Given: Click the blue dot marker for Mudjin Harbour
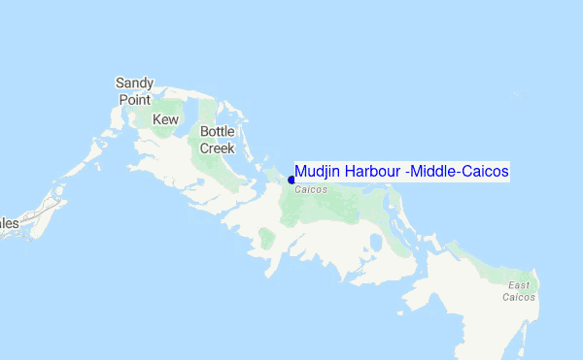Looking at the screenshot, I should click(x=291, y=180).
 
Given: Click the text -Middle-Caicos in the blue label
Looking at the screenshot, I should click(x=458, y=172).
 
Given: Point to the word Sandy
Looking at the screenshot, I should click(x=135, y=83).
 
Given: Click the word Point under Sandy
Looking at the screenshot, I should click(x=134, y=99).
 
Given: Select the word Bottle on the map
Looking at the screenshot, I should click(x=218, y=132).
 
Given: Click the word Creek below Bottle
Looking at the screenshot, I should click(x=218, y=147).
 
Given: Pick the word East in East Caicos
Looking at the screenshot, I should click(x=519, y=284).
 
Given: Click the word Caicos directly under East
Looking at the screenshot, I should click(x=518, y=297).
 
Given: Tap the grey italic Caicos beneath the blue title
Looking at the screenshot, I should click(x=311, y=189).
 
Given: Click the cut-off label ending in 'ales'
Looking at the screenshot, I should click(x=9, y=222).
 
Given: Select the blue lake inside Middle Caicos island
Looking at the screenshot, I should click(x=377, y=241).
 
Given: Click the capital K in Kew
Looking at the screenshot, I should click(x=156, y=119).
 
